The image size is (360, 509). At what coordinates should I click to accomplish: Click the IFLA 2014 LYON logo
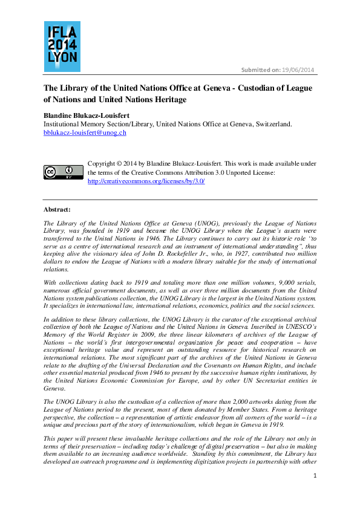pyautogui.click(x=62, y=47)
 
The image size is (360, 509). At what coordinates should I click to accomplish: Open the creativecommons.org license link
pyautogui.click(x=146, y=181)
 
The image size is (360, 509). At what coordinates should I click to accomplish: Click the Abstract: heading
pyautogui.click(x=57, y=209)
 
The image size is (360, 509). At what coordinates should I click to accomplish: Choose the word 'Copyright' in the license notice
pyautogui.click(x=101, y=164)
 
